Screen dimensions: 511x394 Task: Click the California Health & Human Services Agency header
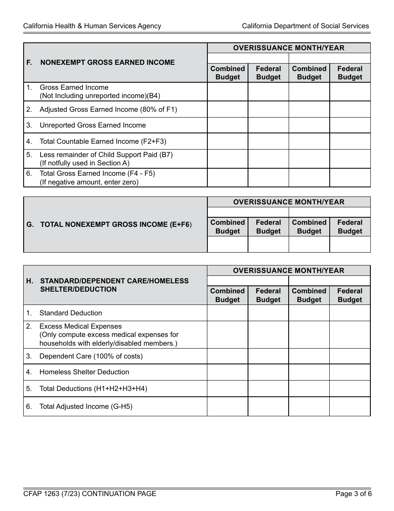pos(92,26)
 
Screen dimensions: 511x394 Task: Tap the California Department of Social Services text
pos(305,26)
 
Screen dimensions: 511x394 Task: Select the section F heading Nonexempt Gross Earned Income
pos(107,62)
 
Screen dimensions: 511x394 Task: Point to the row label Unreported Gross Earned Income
pos(92,125)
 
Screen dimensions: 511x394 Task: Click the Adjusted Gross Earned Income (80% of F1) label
pos(108,109)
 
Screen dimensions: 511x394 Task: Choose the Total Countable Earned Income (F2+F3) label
pos(103,141)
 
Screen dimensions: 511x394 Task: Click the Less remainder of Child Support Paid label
pos(106,155)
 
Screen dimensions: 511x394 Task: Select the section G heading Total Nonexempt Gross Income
pos(115,224)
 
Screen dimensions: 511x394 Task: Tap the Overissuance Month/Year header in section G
pos(289,202)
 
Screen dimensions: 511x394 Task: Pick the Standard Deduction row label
pos(71,313)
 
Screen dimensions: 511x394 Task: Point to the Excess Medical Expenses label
pos(80,326)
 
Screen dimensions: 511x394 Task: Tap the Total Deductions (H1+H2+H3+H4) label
pos(93,388)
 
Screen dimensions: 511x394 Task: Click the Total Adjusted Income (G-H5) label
pos(86,406)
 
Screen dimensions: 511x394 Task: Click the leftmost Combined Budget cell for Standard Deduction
pos(228,313)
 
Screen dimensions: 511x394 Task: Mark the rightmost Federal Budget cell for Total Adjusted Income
pos(350,406)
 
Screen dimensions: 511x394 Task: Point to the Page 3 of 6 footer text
pos(353,494)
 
